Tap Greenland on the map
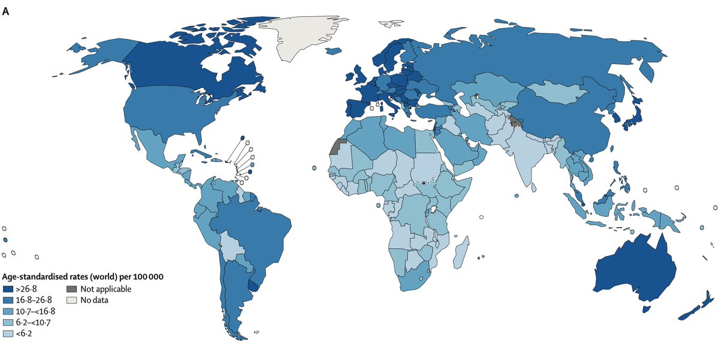306,36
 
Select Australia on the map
635,270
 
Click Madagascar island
462,252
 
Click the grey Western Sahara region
338,147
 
